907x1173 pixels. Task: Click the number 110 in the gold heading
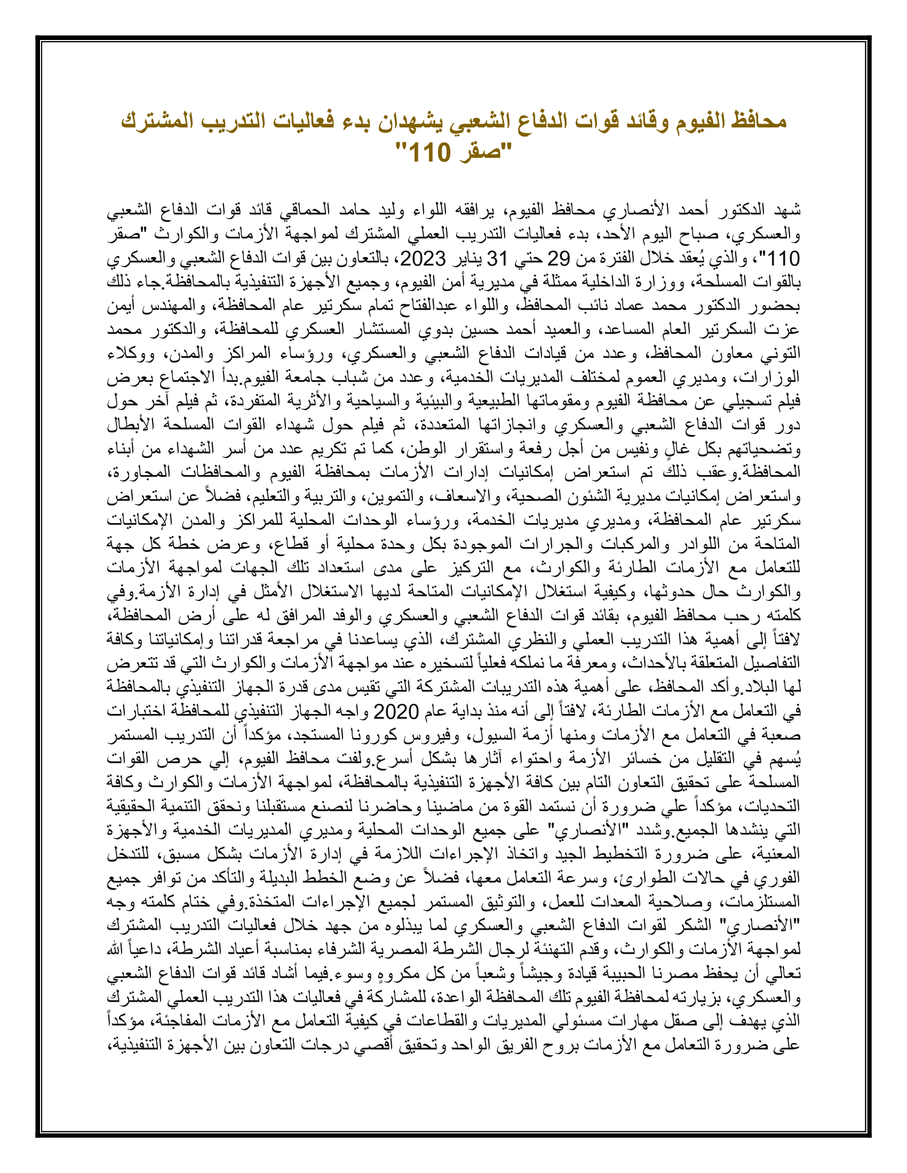coord(429,154)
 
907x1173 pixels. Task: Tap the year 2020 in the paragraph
coord(396,712)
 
